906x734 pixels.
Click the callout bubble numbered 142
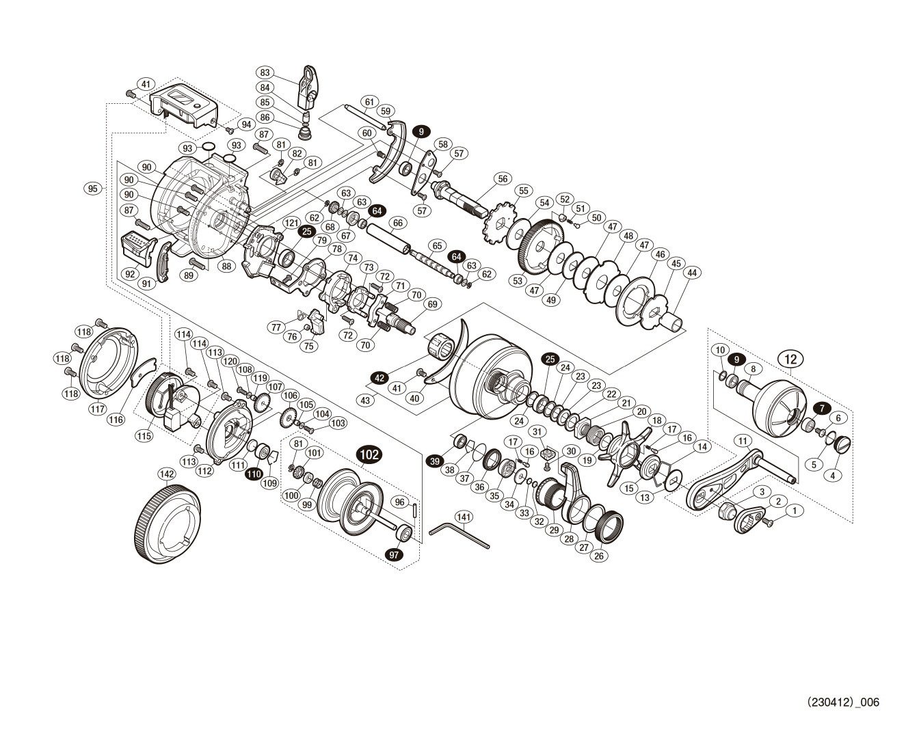[166, 474]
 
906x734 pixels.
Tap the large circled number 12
[791, 357]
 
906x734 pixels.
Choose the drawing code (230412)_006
[843, 702]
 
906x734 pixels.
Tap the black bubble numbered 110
[254, 473]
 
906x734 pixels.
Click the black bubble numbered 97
[395, 555]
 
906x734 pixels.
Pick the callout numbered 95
[94, 188]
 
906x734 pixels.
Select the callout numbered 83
[265, 72]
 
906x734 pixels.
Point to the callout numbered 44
[692, 272]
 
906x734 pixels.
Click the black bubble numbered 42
[379, 377]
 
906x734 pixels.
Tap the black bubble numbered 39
[435, 462]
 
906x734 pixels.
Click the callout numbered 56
[504, 178]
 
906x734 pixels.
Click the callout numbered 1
[792, 510]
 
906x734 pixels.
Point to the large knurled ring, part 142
[166, 523]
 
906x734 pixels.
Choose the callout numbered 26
[599, 556]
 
